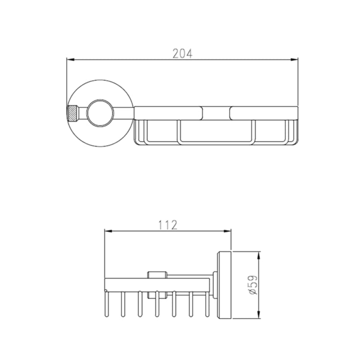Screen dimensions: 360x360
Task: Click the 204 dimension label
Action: pos(183,53)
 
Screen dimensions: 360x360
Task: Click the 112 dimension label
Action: pos(168,225)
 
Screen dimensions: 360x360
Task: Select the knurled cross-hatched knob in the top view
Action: pos(72,113)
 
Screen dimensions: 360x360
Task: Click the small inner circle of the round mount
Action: pos(100,113)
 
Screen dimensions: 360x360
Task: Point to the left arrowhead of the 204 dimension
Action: pos(71,60)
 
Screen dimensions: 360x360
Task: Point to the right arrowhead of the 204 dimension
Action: pos(294,60)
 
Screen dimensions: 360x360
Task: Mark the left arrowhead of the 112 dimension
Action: pos(108,231)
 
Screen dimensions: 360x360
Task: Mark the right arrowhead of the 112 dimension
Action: pos(227,231)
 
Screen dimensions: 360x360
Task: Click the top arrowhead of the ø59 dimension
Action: pos(259,256)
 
